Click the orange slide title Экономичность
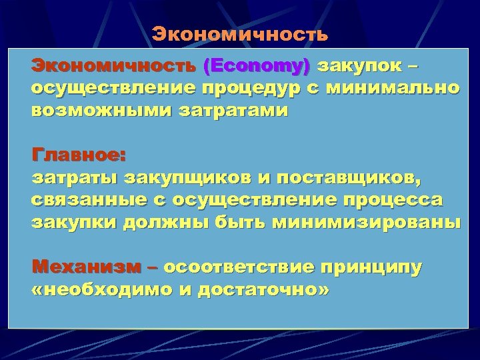coord(239,34)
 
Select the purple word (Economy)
coord(257,67)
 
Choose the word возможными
coord(94,111)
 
